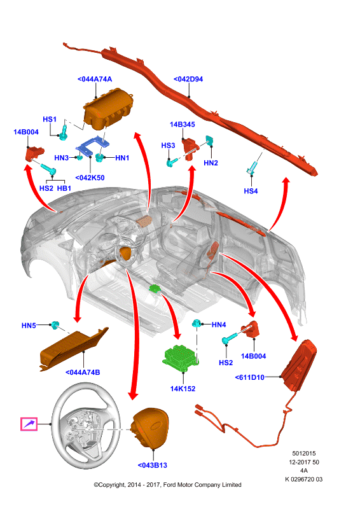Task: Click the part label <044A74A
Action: coord(95,79)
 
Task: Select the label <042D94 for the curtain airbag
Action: coord(188,79)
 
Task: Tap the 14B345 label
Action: coord(183,124)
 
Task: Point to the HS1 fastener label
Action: coord(50,120)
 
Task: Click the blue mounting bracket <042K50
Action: coord(92,146)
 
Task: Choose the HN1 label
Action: coord(122,158)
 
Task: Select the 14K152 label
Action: coord(183,389)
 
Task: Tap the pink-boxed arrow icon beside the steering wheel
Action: coord(29,424)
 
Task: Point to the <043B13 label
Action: coord(153,465)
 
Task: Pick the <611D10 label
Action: coord(249,377)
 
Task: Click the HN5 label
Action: coord(29,326)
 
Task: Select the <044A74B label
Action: coord(83,372)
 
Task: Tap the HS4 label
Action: coord(251,192)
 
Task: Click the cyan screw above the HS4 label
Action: coord(253,167)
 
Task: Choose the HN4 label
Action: coord(219,324)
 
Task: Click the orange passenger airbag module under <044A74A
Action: coord(108,109)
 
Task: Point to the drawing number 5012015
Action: coord(304,454)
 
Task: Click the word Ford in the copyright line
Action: coord(169,485)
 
